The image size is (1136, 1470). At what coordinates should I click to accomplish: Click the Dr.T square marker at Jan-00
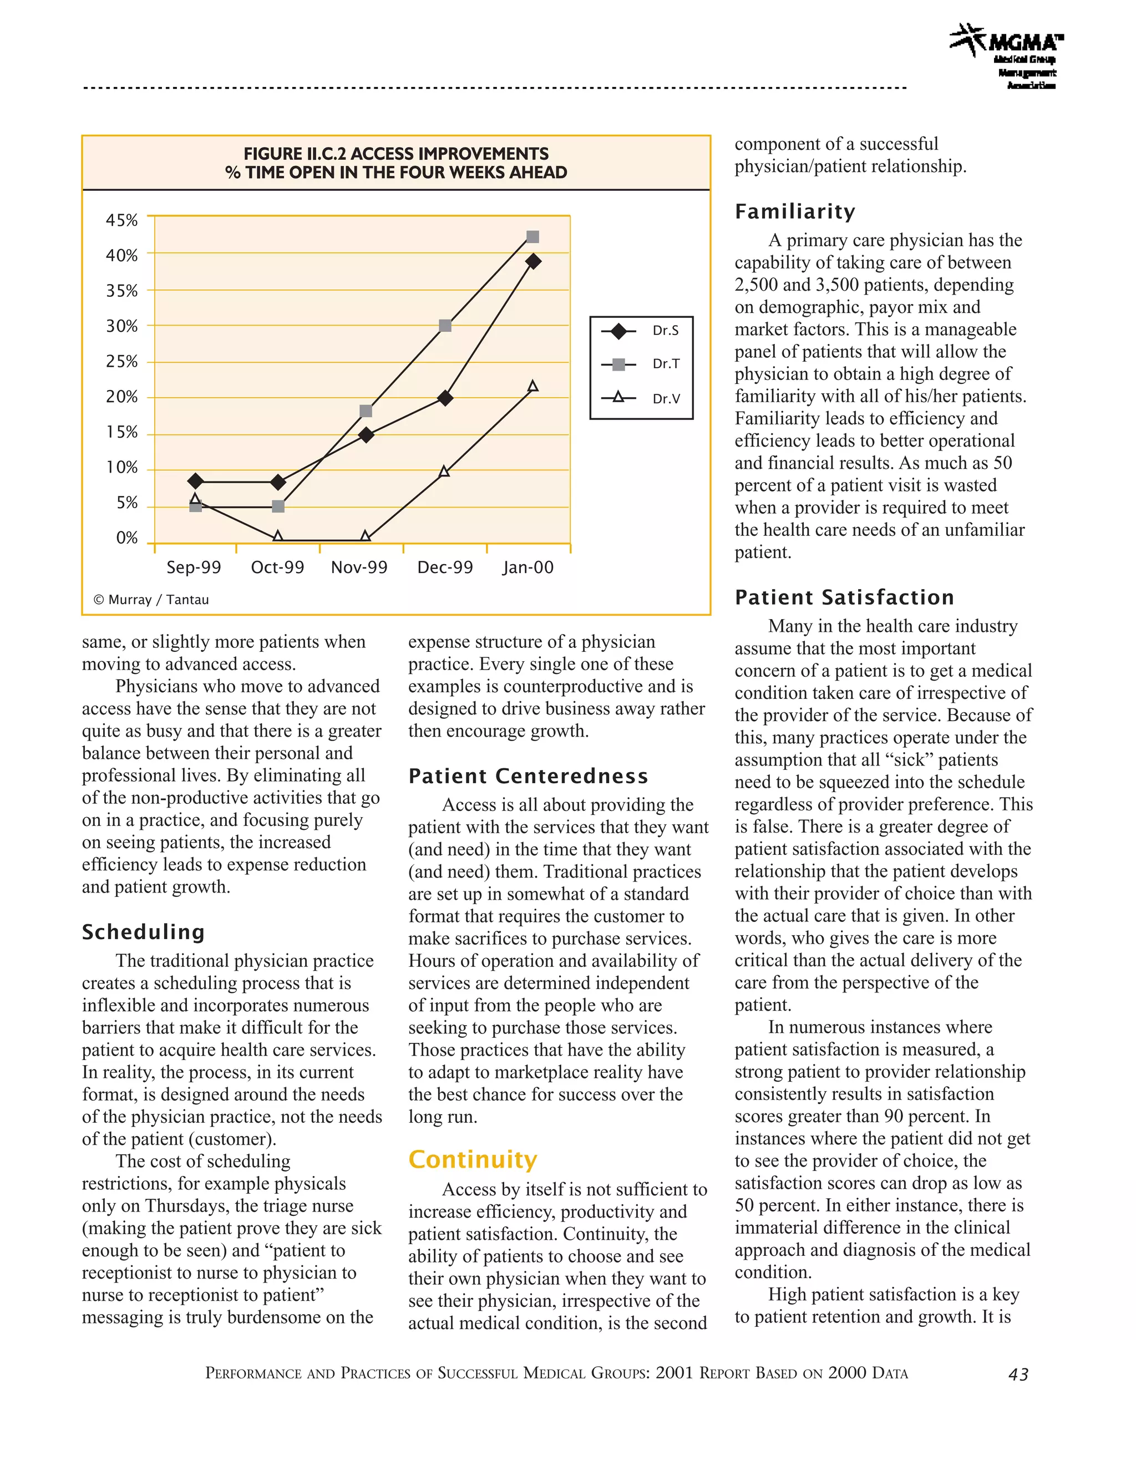click(532, 237)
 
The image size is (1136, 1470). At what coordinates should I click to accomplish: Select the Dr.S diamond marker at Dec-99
click(445, 398)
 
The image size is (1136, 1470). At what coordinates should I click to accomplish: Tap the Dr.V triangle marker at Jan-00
click(532, 386)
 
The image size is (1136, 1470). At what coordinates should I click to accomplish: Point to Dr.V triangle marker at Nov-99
click(366, 536)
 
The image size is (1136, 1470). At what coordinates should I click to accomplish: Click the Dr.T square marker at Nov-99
click(366, 411)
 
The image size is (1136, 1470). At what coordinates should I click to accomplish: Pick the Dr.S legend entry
click(640, 331)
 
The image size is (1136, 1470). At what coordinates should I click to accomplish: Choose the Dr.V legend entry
click(640, 398)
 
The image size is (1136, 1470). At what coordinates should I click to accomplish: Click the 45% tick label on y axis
click(122, 221)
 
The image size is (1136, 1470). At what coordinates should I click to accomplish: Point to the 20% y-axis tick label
click(122, 397)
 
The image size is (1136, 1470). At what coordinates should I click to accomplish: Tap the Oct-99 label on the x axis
click(277, 567)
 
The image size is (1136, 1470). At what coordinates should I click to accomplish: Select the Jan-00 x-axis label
click(528, 567)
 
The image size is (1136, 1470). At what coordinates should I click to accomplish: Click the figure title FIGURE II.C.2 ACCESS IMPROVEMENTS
click(395, 154)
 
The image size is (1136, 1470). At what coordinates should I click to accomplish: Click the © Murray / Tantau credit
click(151, 600)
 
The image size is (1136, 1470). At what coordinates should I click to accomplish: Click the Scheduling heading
click(143, 932)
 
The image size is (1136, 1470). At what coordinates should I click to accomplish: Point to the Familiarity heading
click(795, 212)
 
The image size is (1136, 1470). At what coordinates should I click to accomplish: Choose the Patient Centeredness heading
click(528, 776)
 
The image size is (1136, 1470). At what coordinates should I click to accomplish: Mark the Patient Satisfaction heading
click(844, 597)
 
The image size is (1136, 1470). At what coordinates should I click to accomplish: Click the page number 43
click(1018, 1375)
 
